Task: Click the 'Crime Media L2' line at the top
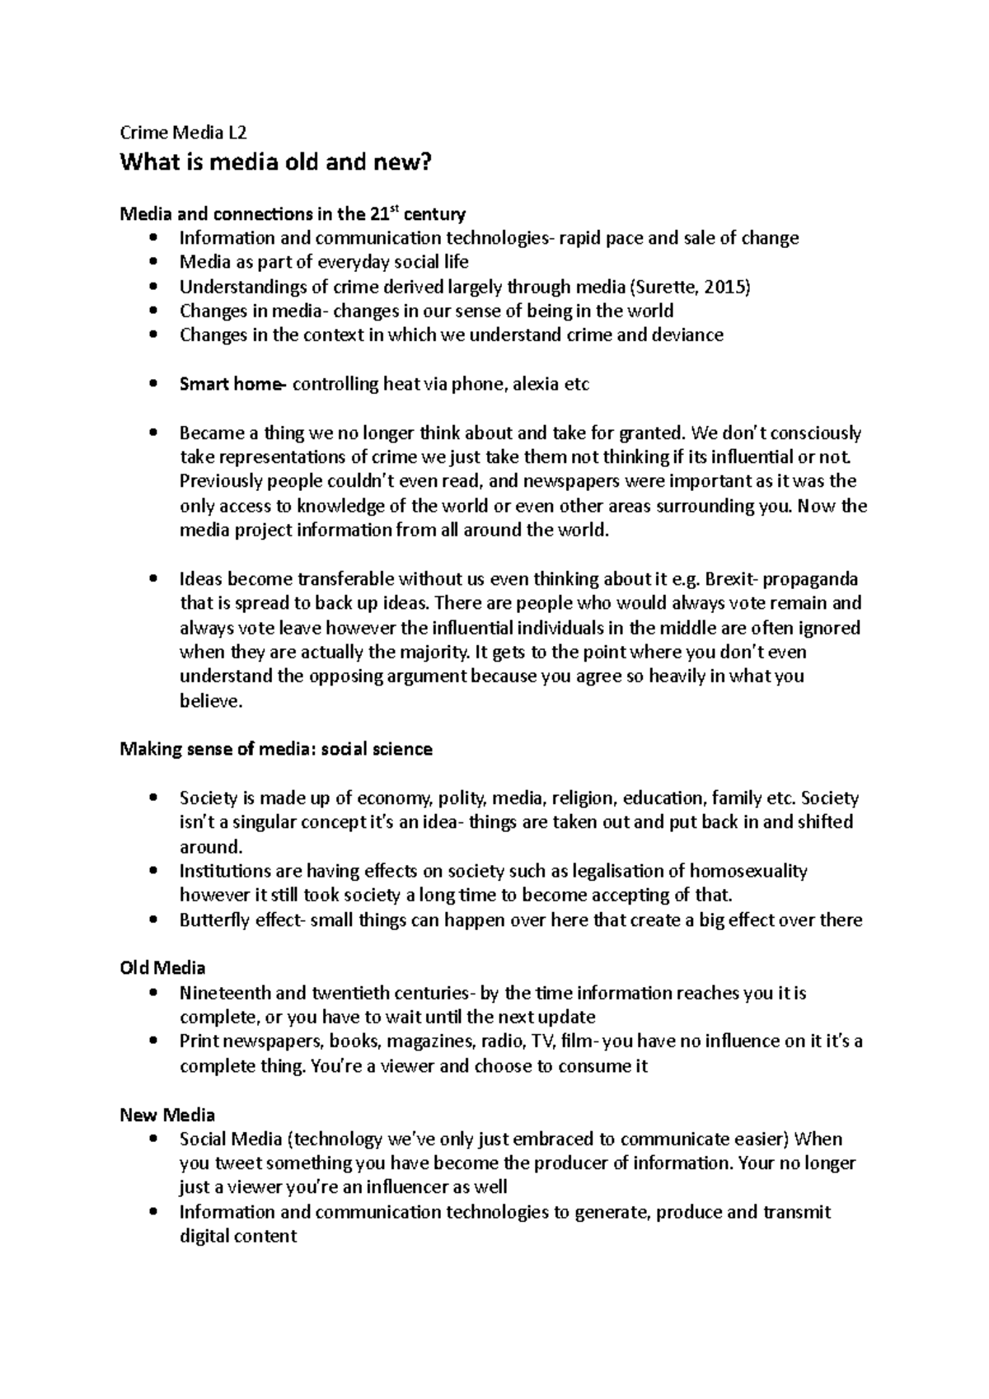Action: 183,133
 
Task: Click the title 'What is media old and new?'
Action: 275,162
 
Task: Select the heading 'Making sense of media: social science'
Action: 276,749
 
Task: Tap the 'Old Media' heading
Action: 162,967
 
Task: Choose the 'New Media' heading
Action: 167,1115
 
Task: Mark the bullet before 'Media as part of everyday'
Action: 153,263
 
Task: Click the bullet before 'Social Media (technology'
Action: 153,1139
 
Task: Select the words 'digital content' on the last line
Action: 238,1237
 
